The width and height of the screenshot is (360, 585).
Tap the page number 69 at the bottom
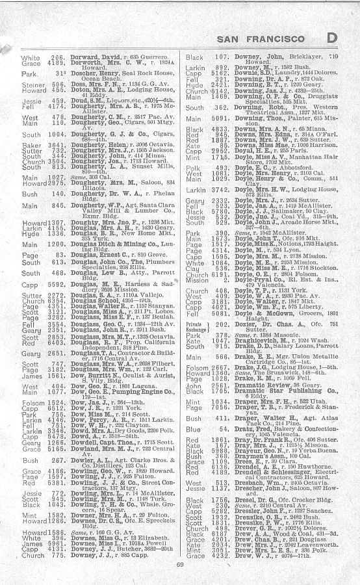coord(180,564)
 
